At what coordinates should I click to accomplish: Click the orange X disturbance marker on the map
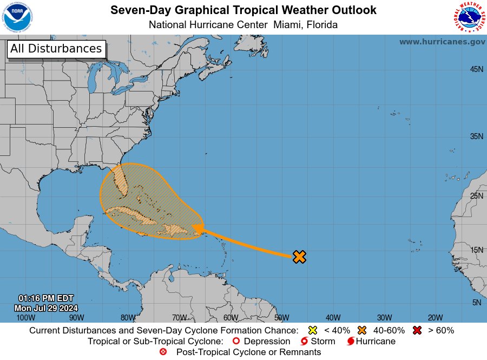[x=299, y=257]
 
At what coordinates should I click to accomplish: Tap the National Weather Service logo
[x=468, y=17]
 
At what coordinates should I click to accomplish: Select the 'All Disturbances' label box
[x=56, y=49]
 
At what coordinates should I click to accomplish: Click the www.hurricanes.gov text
[x=442, y=42]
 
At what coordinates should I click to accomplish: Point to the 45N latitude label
[x=476, y=69]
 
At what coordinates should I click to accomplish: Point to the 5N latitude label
[x=477, y=303]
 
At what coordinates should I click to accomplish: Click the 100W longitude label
[x=25, y=318]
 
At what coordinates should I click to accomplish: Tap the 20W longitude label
[x=436, y=318]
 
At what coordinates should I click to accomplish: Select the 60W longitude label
[x=231, y=318]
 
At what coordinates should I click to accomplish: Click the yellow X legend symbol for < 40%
[x=312, y=330]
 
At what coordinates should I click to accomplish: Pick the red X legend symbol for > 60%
[x=417, y=330]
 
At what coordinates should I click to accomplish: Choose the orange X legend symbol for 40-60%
[x=362, y=330]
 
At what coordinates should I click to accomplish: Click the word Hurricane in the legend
[x=376, y=342]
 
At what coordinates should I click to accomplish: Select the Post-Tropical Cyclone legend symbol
[x=163, y=352]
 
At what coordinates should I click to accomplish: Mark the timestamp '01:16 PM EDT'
[x=46, y=298]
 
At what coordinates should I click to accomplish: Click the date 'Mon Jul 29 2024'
[x=46, y=307]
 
